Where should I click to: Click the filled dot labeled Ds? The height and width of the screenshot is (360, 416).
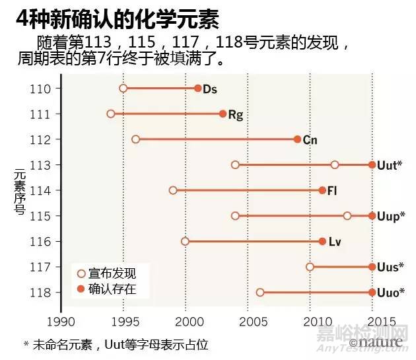tap(198, 89)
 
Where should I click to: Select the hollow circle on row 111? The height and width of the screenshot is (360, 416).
tap(111, 114)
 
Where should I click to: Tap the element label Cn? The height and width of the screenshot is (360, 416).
tap(310, 139)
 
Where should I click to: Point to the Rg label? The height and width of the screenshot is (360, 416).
tap(236, 114)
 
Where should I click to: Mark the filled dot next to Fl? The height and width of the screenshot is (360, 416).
tap(322, 190)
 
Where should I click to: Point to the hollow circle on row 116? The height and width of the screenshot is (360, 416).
tap(185, 241)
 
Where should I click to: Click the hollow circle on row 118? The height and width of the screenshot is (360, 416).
tap(260, 292)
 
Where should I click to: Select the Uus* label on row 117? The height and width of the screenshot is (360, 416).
tap(390, 267)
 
